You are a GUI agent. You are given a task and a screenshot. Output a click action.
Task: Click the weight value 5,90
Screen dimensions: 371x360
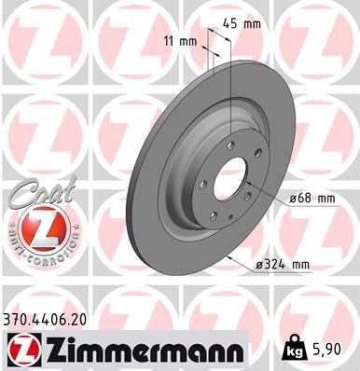[327, 349]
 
